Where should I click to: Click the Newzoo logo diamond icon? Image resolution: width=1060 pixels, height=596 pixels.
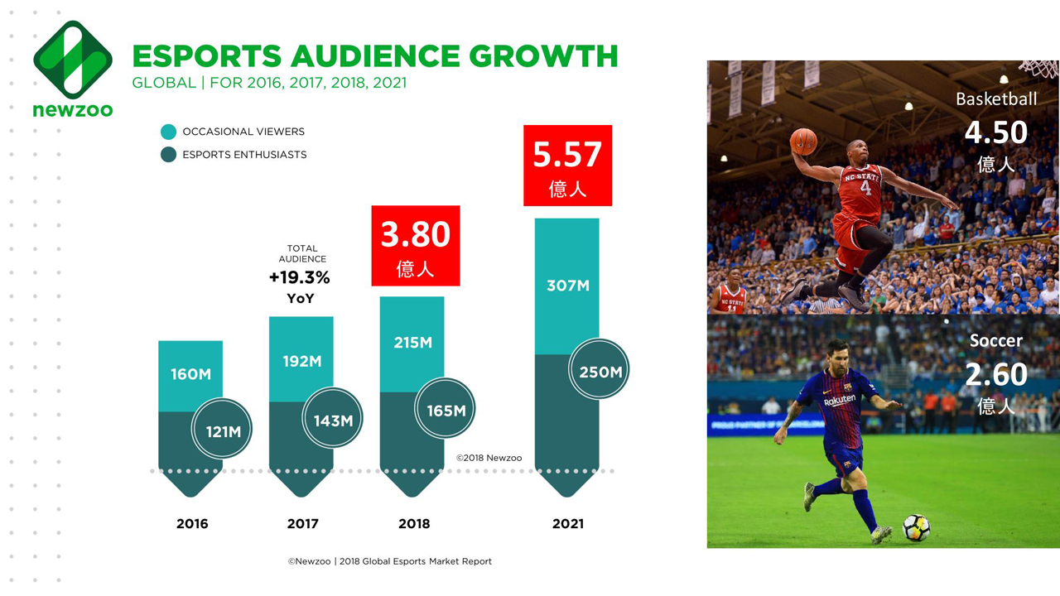(x=73, y=60)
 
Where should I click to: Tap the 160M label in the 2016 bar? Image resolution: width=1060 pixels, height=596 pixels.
(x=191, y=374)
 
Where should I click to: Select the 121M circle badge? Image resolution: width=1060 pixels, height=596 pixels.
(x=222, y=430)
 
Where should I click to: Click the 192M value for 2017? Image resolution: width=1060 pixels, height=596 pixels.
(x=301, y=361)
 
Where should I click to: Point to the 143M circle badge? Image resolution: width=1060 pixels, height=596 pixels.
(x=333, y=421)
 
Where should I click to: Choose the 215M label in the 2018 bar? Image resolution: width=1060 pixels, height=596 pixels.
(x=412, y=342)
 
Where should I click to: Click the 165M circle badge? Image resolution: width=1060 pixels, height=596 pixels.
(x=446, y=410)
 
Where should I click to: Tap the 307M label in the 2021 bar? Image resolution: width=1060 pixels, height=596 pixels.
(x=567, y=286)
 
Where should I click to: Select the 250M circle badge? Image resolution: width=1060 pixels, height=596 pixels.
(x=600, y=372)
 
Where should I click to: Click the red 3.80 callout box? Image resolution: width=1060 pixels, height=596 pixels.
(x=415, y=246)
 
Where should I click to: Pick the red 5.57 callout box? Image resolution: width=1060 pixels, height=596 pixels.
(x=567, y=166)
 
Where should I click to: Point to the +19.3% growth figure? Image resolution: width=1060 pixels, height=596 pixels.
(x=299, y=277)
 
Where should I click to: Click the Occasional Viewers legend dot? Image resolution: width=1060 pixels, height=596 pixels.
(x=169, y=132)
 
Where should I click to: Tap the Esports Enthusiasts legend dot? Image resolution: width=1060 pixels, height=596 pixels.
(x=169, y=155)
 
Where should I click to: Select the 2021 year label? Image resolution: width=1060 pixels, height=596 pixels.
(x=567, y=523)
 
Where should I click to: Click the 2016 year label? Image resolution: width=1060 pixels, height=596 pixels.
(x=192, y=523)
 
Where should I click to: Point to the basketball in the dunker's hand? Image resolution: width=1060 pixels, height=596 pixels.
(x=802, y=142)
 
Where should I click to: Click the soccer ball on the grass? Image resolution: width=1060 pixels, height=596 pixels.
(x=916, y=527)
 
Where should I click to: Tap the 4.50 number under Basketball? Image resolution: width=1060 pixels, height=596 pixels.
(x=995, y=132)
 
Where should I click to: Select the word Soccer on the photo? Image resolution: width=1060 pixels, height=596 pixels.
(x=995, y=340)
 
